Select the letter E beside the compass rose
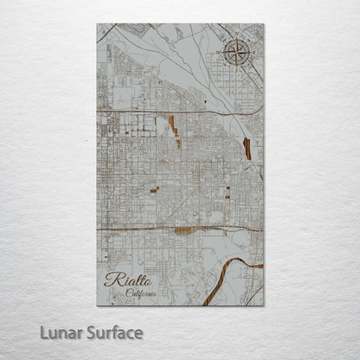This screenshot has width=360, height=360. (252, 54)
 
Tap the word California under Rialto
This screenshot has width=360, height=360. (142, 292)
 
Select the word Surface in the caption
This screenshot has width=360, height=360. (113, 333)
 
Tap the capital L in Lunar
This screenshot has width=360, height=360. (44, 333)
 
